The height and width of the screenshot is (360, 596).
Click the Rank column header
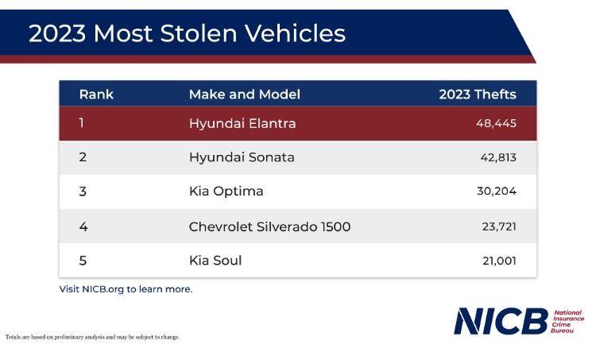96,95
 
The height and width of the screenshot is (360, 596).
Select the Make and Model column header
244,95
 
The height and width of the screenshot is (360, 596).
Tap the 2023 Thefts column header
477,95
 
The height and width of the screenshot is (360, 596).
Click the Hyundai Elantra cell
242,123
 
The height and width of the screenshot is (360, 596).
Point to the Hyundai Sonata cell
241,157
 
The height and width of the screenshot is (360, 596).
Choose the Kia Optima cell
226,192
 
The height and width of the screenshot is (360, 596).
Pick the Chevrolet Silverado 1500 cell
269,226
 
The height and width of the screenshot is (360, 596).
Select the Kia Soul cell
215,261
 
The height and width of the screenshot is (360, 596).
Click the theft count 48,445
496,123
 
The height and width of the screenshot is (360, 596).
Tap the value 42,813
497,157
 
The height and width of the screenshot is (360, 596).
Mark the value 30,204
496,192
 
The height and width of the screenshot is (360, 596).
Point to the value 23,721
498,226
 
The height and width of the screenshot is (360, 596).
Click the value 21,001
498,261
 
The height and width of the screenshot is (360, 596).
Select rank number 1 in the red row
81,123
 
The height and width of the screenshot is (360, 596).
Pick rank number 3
83,192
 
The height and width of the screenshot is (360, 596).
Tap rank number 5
83,261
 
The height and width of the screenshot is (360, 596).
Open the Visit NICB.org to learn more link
126,289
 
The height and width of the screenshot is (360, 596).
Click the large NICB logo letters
501,321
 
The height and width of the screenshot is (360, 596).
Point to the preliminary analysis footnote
92,337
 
